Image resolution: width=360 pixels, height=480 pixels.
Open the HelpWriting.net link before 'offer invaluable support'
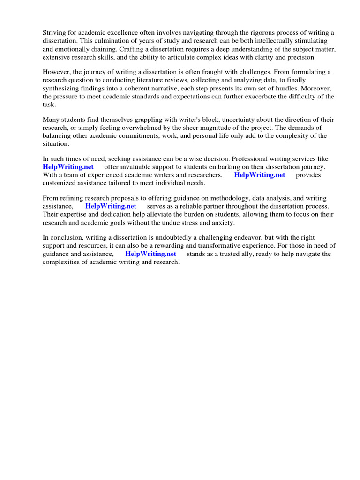point(68,167)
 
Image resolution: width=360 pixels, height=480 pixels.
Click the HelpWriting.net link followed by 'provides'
point(260,175)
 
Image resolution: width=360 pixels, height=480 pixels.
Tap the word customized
point(60,183)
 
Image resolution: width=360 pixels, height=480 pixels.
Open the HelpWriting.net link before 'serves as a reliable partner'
point(111,206)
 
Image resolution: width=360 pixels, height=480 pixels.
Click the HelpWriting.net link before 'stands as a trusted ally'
point(151,254)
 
